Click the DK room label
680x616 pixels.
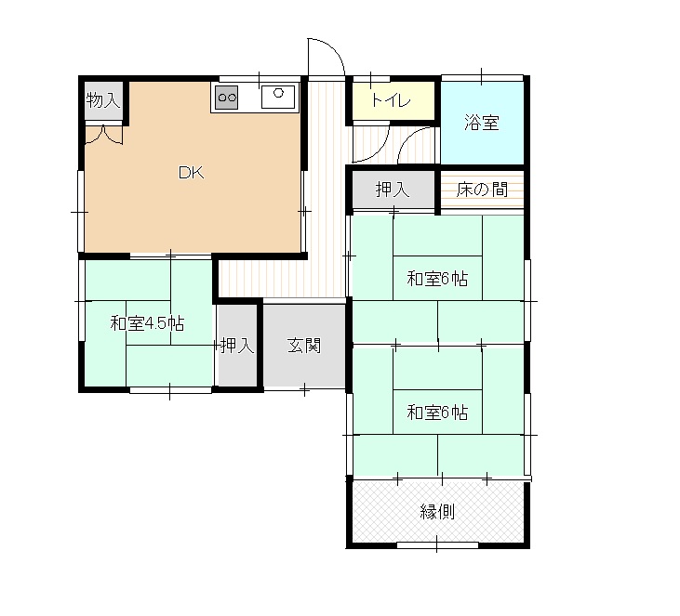point(192,173)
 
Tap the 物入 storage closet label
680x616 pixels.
point(102,100)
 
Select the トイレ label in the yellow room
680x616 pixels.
point(391,100)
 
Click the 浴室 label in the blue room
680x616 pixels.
point(482,122)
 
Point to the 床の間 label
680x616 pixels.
point(482,190)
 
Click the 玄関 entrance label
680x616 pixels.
point(304,346)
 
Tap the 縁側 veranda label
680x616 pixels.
point(437,512)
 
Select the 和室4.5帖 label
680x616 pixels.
point(148,323)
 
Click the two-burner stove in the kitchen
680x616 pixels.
point(226,97)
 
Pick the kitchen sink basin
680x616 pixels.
point(278,97)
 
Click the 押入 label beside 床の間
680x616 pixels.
point(393,190)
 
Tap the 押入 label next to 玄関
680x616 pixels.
point(237,346)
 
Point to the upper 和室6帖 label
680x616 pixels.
point(437,279)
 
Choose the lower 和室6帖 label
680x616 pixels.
point(437,412)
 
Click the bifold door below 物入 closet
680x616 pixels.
point(104,135)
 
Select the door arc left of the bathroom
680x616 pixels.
point(410,138)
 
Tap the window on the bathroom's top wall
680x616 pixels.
point(482,78)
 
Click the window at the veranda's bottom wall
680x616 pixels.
point(437,545)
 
